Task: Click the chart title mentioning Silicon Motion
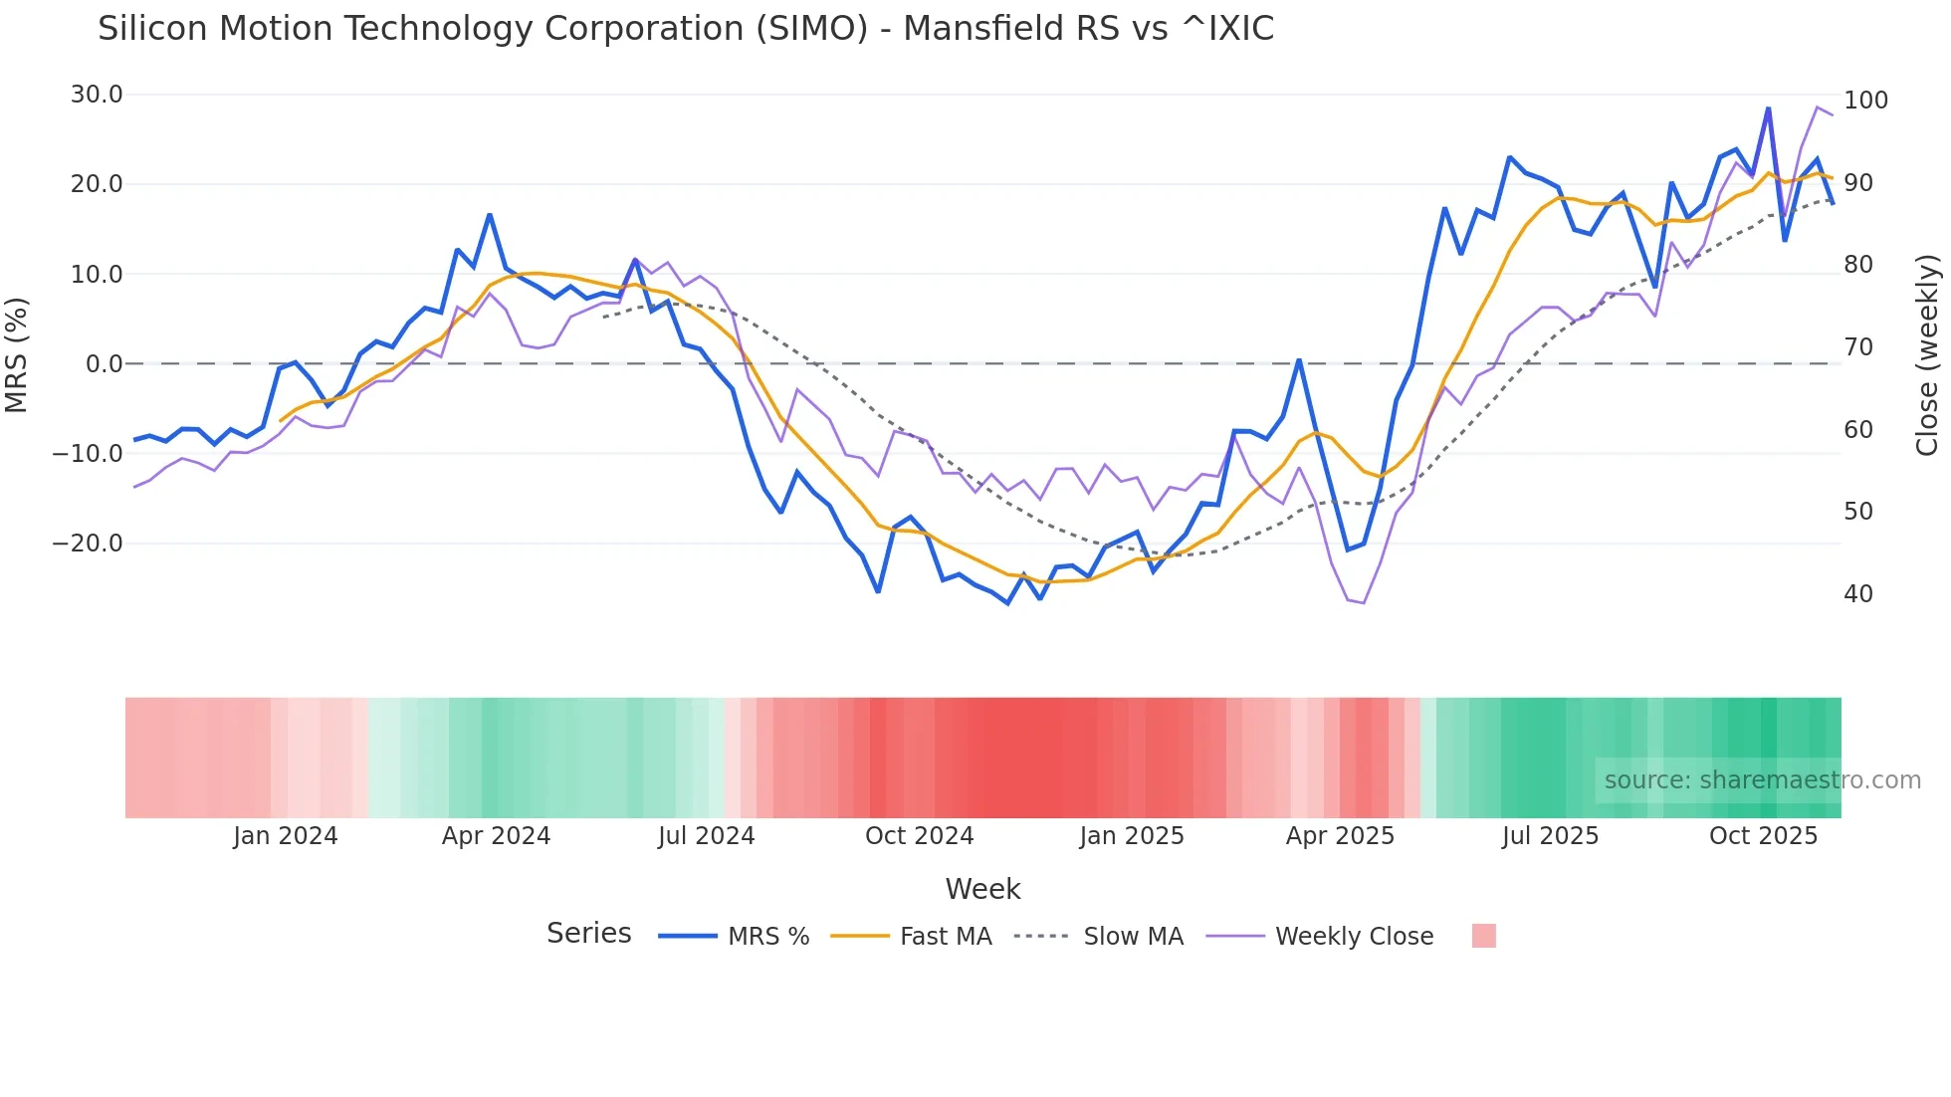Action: [x=685, y=29]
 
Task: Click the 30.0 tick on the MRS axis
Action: [x=97, y=95]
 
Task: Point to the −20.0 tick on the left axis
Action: [x=89, y=544]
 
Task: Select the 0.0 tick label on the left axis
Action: [x=104, y=364]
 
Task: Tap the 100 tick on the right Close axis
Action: [x=1865, y=101]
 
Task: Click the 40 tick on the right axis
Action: [x=1858, y=594]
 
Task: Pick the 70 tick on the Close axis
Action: [x=1858, y=347]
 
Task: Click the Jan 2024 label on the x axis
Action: [x=286, y=836]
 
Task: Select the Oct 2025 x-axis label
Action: [x=1763, y=836]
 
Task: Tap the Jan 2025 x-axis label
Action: [x=1132, y=836]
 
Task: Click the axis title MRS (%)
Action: [x=17, y=354]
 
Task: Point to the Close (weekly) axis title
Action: [x=1927, y=354]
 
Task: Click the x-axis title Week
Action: [x=982, y=889]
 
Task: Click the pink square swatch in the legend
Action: [x=1483, y=936]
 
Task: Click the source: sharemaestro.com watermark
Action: [x=1762, y=780]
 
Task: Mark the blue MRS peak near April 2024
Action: [x=490, y=215]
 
